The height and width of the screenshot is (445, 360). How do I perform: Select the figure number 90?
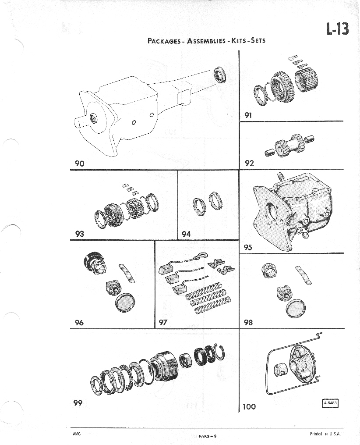pos(79,164)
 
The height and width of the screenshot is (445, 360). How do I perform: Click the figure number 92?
pos(249,163)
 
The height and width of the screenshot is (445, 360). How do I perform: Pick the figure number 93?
pos(79,234)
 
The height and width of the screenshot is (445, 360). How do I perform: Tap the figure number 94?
pos(187,234)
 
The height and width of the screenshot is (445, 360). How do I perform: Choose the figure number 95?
pos(248,247)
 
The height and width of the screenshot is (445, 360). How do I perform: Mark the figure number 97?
pos(163,323)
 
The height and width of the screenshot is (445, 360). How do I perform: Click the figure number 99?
pos(78,402)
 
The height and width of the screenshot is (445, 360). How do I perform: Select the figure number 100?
pos(249,406)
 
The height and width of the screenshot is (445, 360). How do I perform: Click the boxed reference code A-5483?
pos(331,404)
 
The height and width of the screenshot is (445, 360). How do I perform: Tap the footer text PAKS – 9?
pos(208,436)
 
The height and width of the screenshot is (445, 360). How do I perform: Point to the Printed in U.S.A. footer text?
pos(325,434)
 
